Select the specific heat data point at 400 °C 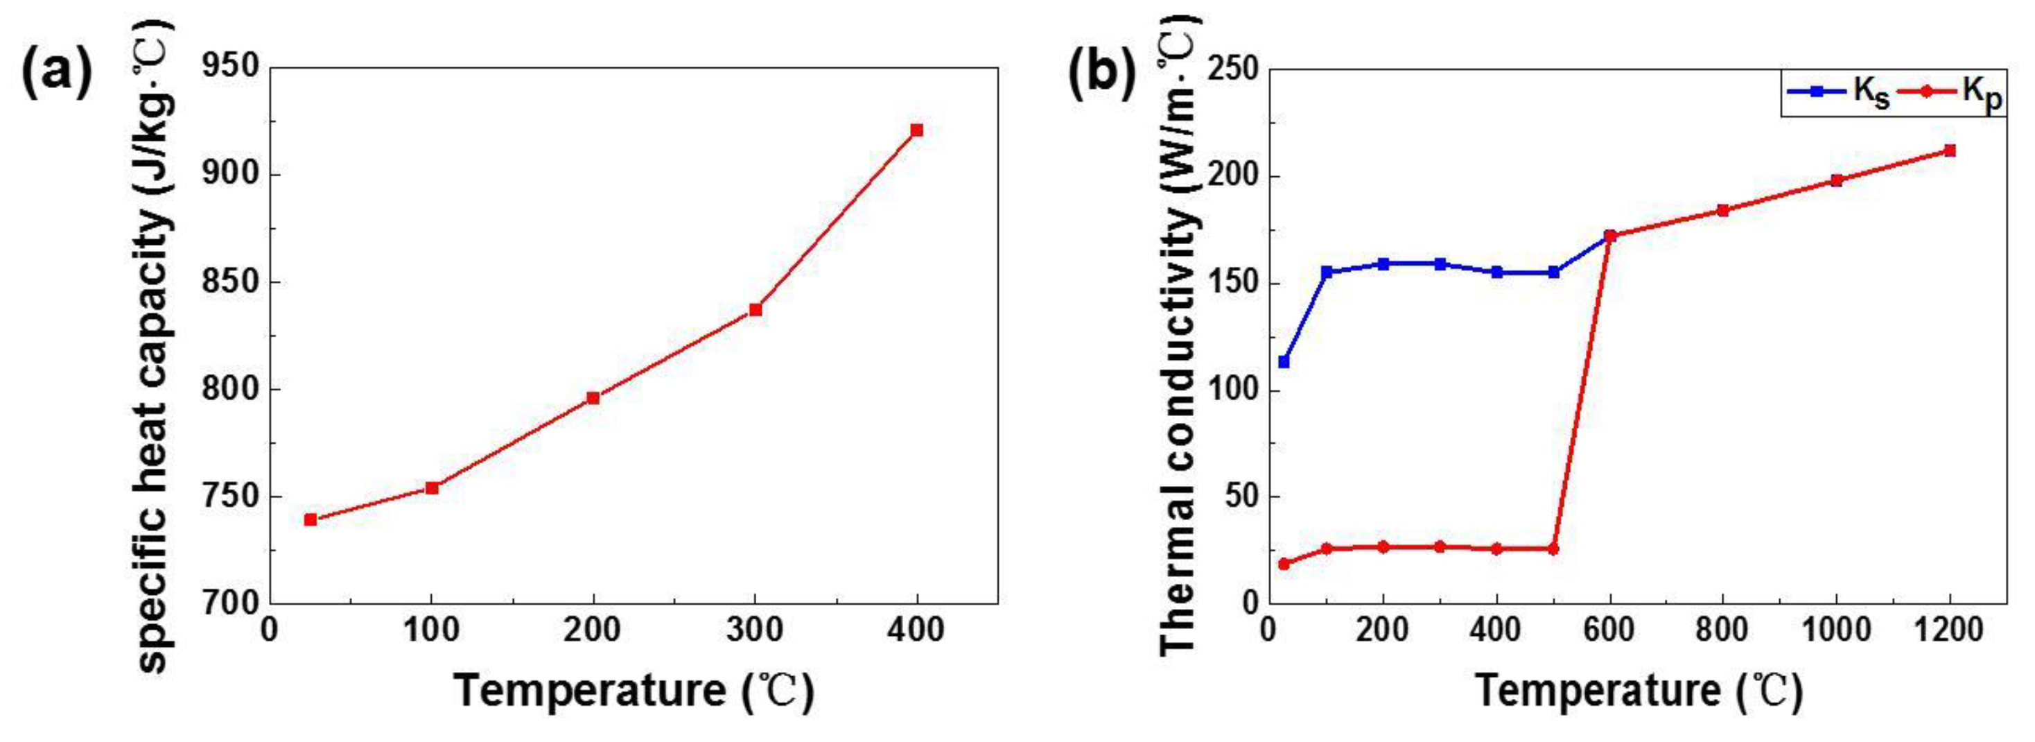coord(916,130)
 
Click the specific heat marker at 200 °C coord(593,397)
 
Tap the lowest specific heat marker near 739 coord(311,519)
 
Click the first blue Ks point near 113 coord(1284,362)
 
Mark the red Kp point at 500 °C coord(1553,549)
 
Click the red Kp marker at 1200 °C coord(1950,150)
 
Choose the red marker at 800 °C coord(1723,210)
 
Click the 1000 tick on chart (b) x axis coord(1836,631)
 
